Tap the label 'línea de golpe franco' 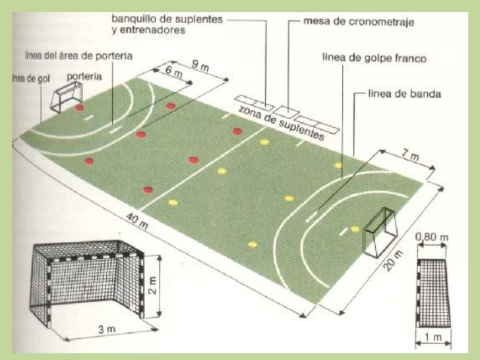(x=374, y=58)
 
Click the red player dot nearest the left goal (x=79, y=107)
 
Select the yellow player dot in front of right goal (x=355, y=229)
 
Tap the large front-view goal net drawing (x=86, y=277)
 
